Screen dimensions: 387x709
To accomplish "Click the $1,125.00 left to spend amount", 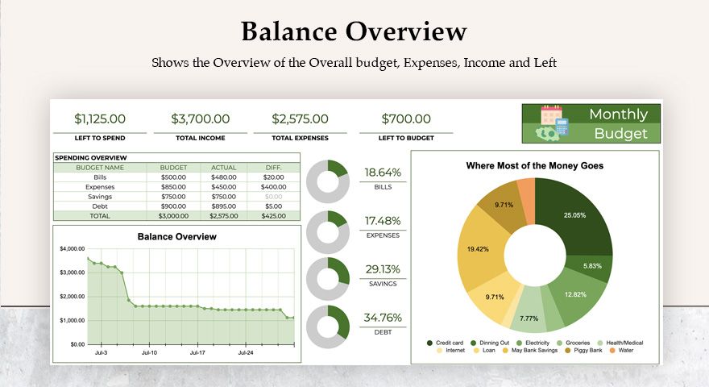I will click(100, 119).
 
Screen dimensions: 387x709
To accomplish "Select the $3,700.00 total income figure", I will click(201, 119).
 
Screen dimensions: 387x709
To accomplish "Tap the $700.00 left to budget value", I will click(406, 119).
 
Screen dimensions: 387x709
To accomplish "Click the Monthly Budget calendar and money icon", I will click(554, 123).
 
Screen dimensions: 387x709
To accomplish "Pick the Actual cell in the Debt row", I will click(223, 206).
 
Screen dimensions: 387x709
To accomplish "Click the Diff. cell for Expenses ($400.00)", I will click(273, 186).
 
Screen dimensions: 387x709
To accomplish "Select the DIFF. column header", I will click(273, 167).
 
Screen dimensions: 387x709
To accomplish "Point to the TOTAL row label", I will click(100, 215).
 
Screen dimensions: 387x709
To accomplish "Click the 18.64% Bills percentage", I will click(382, 173).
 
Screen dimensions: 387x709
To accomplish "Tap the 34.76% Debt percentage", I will click(382, 317).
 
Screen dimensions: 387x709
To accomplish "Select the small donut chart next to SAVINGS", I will click(327, 278).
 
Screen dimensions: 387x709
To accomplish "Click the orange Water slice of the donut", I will click(525, 192).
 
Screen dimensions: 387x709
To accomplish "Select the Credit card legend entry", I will click(449, 343).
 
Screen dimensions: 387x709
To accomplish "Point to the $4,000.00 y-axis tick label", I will click(73, 249).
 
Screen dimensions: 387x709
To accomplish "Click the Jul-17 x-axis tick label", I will click(198, 352).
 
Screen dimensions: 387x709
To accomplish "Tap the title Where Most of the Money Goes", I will click(535, 165).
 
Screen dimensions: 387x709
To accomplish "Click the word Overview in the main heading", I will click(406, 31).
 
